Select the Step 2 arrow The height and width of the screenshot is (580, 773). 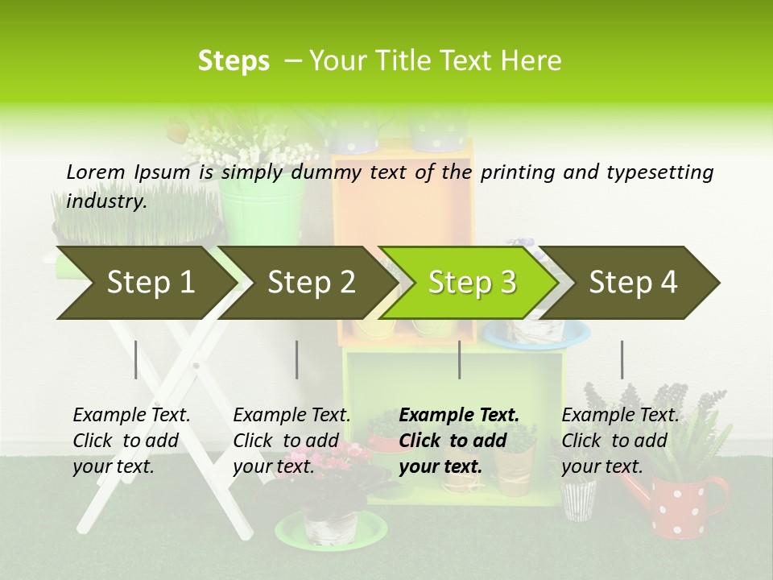pos(310,283)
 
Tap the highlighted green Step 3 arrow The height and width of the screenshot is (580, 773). pos(471,283)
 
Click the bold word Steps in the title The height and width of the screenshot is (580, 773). pos(234,60)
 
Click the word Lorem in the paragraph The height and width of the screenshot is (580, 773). pos(95,172)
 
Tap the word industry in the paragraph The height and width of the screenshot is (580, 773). pos(105,201)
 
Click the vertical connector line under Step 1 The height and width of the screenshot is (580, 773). pos(136,359)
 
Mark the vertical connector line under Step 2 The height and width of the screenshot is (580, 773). pos(297,359)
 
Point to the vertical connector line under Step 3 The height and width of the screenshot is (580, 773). pos(459,359)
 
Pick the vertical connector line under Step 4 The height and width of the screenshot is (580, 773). pos(622,359)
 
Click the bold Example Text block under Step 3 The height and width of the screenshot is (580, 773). pos(459,441)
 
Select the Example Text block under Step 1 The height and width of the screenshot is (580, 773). pos(131,441)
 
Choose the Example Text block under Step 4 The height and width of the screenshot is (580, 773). pos(620,441)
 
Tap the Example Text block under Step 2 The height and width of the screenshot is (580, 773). pos(291,441)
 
